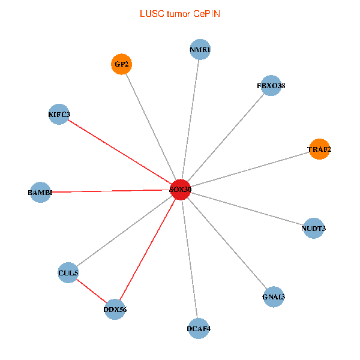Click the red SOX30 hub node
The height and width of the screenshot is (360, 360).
(x=181, y=190)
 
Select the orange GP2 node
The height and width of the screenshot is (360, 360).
(x=121, y=64)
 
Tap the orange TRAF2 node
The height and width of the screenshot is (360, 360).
(x=319, y=149)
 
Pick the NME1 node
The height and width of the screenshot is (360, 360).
(x=200, y=49)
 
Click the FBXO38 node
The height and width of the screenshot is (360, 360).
(x=271, y=85)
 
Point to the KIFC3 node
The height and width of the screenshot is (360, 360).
(x=59, y=114)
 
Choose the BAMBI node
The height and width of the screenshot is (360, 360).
(x=40, y=192)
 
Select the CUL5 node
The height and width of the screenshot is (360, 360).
(x=68, y=272)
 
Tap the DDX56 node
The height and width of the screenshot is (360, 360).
(x=115, y=309)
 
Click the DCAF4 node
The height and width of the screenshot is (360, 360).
(x=199, y=329)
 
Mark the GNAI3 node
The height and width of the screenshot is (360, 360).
(x=274, y=296)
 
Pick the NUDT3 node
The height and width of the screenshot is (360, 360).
(x=313, y=228)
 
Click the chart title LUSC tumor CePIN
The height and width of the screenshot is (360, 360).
(x=180, y=14)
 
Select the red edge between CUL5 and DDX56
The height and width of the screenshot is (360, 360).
(x=91, y=291)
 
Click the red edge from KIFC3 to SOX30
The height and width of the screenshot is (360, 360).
(x=119, y=152)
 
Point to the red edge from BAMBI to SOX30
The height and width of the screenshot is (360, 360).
(x=110, y=191)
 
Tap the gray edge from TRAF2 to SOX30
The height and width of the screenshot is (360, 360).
(x=250, y=169)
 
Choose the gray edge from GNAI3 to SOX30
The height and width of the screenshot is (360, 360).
(x=227, y=243)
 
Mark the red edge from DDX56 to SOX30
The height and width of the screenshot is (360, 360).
(x=148, y=250)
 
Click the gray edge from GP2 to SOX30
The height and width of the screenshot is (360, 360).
(x=151, y=127)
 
